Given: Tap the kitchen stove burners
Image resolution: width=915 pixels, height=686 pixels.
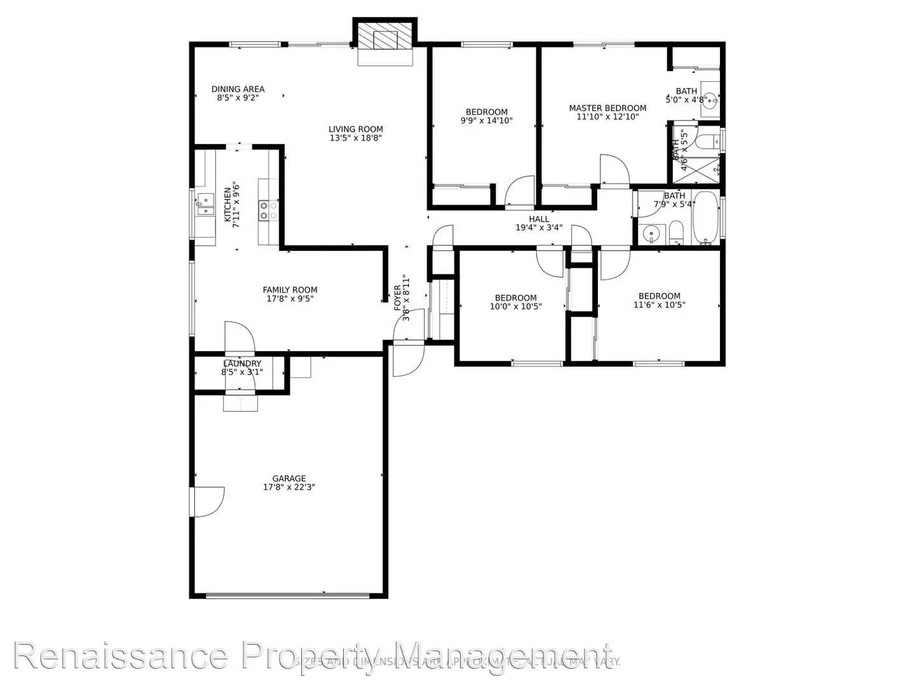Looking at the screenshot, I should pos(268,210).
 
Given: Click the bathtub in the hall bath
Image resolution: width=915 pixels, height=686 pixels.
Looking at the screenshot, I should pos(706,218).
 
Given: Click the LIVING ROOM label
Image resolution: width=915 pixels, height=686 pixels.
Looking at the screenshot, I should pos(356,129).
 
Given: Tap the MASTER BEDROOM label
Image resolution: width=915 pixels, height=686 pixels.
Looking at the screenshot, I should pos(607,108).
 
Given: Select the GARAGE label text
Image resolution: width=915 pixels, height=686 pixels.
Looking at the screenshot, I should pos(289,478).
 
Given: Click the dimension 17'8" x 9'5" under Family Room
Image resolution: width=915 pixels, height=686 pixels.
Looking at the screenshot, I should pos(290,299).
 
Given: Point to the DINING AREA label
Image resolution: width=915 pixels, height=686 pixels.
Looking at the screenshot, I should pos(238,89).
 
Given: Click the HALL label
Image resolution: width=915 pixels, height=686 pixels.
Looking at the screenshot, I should pos(539,219).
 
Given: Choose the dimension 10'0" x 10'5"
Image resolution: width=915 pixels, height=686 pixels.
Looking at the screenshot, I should pos(515,306).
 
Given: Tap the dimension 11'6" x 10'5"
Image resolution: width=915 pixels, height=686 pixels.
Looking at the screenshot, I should pos(660,305).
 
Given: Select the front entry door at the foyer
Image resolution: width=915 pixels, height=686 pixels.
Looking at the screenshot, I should pos(408,359).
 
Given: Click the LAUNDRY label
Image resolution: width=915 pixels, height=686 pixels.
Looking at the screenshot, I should pos(242,363).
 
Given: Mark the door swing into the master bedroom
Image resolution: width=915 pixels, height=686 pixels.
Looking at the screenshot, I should pos(613,170).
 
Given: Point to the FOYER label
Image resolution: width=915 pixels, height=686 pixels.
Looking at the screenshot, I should pos(398,297).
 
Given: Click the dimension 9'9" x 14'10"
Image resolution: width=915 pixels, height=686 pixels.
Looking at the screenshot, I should pos(486,121).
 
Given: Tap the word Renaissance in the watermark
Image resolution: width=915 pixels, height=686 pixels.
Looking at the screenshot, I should pos(121,656).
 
